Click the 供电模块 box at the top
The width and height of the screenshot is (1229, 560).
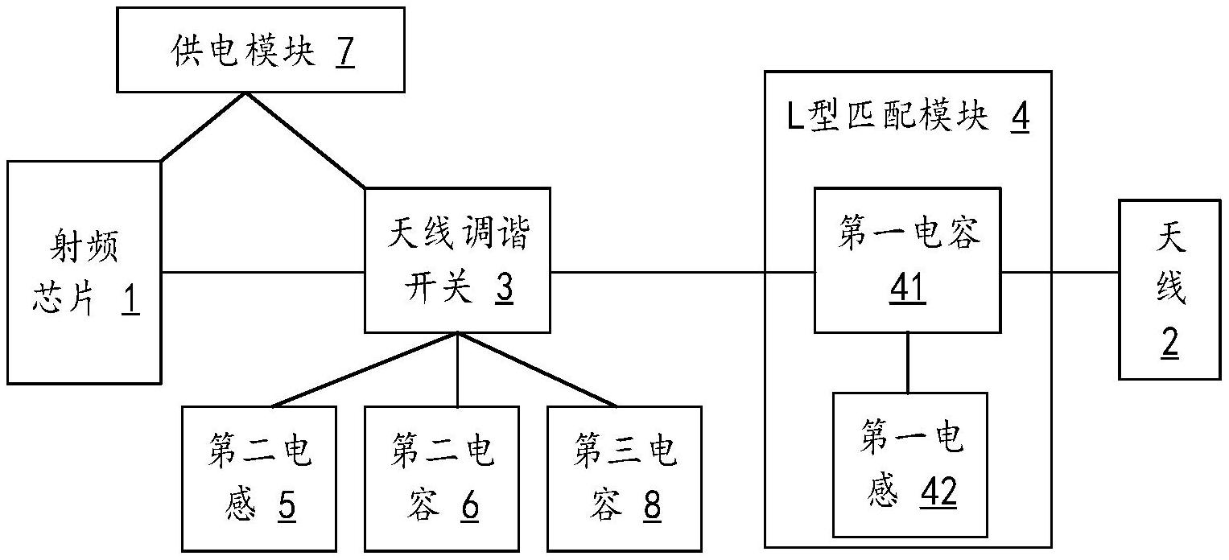click(x=261, y=49)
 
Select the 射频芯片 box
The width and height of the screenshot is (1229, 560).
click(x=84, y=273)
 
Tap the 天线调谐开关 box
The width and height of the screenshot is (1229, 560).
click(x=458, y=261)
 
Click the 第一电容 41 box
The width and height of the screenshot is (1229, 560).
click(x=908, y=261)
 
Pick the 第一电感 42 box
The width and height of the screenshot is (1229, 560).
click(x=910, y=465)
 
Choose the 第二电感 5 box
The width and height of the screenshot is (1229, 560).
click(x=259, y=479)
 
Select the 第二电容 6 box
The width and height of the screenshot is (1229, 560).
click(x=442, y=479)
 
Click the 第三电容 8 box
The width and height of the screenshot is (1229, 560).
click(x=625, y=479)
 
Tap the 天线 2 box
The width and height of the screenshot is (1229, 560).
click(x=1169, y=290)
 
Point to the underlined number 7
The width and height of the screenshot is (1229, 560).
click(x=345, y=52)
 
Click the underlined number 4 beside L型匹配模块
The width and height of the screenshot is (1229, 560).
click(x=1020, y=117)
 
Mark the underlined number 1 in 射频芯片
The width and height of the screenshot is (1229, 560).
click(x=130, y=301)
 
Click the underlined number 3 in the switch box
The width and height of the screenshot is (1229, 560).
click(x=505, y=287)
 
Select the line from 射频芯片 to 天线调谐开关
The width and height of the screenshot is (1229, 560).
click(x=263, y=272)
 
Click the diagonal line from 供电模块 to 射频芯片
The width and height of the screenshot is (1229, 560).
click(x=204, y=126)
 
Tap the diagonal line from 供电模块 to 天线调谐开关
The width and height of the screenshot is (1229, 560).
click(x=306, y=141)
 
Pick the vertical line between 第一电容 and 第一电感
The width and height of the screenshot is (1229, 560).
click(x=908, y=363)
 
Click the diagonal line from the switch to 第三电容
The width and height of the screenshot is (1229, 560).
click(x=538, y=369)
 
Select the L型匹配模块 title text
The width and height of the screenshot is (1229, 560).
click(x=887, y=117)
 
